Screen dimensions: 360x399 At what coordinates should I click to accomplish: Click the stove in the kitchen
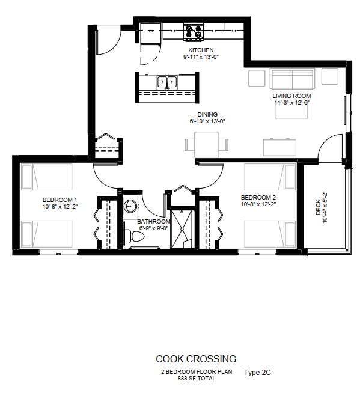(x=194, y=32)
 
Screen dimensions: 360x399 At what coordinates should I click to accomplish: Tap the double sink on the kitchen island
(x=167, y=82)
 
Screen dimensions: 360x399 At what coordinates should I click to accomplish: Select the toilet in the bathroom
(x=134, y=236)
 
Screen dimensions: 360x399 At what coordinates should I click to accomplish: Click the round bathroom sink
(x=130, y=206)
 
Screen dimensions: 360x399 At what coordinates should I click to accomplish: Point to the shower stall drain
(x=182, y=229)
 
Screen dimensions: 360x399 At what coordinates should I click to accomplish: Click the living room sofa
(x=293, y=78)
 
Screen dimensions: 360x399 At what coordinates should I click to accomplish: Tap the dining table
(x=207, y=145)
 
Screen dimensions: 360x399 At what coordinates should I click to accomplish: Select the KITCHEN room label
(x=201, y=50)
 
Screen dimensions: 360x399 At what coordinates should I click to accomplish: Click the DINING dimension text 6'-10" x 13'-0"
(x=207, y=121)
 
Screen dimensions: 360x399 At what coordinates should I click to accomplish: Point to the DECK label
(x=318, y=207)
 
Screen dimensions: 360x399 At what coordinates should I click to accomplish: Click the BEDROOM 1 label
(x=59, y=199)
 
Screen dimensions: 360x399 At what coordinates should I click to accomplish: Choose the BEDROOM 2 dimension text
(x=258, y=204)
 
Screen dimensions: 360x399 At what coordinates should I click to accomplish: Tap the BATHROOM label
(x=154, y=221)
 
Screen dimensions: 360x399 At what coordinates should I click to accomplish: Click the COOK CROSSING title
(x=196, y=359)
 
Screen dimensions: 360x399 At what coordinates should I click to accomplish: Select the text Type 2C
(x=257, y=373)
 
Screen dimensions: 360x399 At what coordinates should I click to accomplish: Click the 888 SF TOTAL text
(x=197, y=379)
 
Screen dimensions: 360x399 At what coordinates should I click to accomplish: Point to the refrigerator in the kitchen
(x=151, y=33)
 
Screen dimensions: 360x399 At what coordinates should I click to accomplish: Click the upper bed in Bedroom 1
(x=46, y=177)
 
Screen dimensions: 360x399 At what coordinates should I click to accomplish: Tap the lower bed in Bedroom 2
(x=270, y=234)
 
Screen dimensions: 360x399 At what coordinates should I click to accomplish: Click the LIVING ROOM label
(x=291, y=96)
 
